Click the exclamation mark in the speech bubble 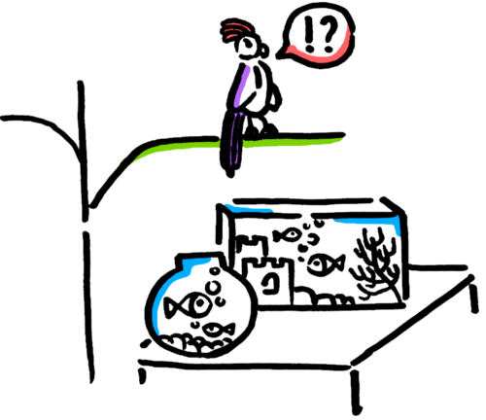pyautogui.click(x=309, y=35)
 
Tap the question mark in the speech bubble pyautogui.click(x=329, y=34)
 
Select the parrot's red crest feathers pyautogui.click(x=235, y=29)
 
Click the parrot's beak pyautogui.click(x=264, y=51)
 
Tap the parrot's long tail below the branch pyautogui.click(x=232, y=144)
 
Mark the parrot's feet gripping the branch pyautogui.click(x=261, y=128)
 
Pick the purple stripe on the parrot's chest pyautogui.click(x=244, y=87)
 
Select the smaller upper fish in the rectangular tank pyautogui.click(x=287, y=235)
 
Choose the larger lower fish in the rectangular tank pyautogui.click(x=325, y=264)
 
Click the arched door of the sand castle pyautogui.click(x=269, y=282)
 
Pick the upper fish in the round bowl pyautogui.click(x=188, y=305)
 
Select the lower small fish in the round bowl pyautogui.click(x=218, y=330)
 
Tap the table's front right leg pyautogui.click(x=356, y=392)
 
